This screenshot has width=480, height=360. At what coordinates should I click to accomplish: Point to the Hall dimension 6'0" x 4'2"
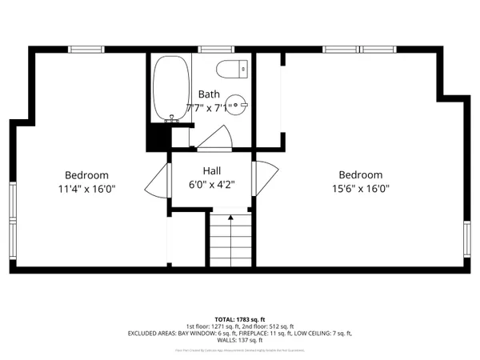click(x=211, y=185)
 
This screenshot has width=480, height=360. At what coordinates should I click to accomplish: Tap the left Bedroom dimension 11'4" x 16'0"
click(x=86, y=190)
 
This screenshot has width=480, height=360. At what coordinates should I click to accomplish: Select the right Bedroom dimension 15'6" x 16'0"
click(x=360, y=190)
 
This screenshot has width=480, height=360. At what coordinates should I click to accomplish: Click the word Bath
click(x=209, y=94)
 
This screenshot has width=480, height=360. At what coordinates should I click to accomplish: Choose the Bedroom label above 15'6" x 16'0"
click(x=360, y=175)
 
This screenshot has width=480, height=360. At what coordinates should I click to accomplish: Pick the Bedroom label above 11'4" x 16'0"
click(x=86, y=175)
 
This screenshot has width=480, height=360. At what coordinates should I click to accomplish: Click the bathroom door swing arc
click(x=213, y=138)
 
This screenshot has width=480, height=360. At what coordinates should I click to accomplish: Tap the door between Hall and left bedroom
click(x=156, y=184)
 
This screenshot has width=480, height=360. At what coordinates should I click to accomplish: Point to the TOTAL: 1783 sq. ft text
click(x=239, y=319)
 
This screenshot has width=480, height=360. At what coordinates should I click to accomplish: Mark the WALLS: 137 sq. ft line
click(x=239, y=340)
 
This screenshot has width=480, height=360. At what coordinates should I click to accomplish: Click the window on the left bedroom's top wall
click(x=86, y=50)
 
